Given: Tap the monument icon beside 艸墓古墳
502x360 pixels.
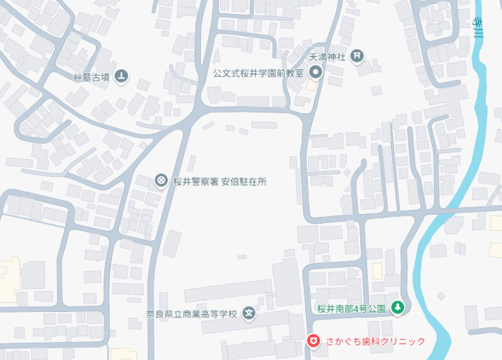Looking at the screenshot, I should [x=122, y=76].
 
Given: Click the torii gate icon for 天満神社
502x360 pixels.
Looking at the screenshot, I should [x=357, y=56].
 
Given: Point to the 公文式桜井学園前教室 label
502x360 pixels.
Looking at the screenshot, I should [x=258, y=72].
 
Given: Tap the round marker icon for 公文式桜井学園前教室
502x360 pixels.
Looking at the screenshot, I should [x=314, y=72].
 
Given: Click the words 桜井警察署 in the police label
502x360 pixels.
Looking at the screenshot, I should [x=196, y=181].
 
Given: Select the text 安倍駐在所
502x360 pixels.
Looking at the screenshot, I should [x=244, y=181].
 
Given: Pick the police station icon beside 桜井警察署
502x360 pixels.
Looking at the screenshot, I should [x=161, y=181].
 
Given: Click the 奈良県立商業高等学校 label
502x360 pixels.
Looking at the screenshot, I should [x=192, y=313].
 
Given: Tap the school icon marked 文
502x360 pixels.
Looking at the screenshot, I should [x=249, y=313].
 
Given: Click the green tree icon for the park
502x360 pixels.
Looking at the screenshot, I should [x=397, y=306].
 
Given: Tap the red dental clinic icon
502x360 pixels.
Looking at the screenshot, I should [x=314, y=341].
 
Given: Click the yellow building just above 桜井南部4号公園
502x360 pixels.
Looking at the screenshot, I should [x=377, y=271].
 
